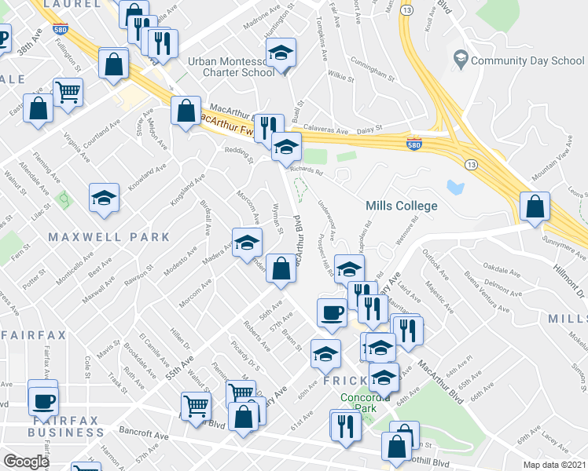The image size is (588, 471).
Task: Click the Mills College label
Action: pyautogui.click(x=402, y=206)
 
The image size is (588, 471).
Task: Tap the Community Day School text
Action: pyautogui.click(x=527, y=60)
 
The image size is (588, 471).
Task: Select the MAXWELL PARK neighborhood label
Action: pyautogui.click(x=108, y=236)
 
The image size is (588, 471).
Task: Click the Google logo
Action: pyautogui.click(x=27, y=461)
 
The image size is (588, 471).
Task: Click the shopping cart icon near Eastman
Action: pyautogui.click(x=68, y=92)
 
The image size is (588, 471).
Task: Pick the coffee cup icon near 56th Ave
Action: pyautogui.click(x=332, y=312)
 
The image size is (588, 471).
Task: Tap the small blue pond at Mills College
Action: pyautogui.click(x=454, y=187)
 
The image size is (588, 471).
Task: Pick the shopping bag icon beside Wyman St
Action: pyautogui.click(x=281, y=268)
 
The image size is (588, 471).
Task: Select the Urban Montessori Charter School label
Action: pyautogui.click(x=230, y=66)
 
